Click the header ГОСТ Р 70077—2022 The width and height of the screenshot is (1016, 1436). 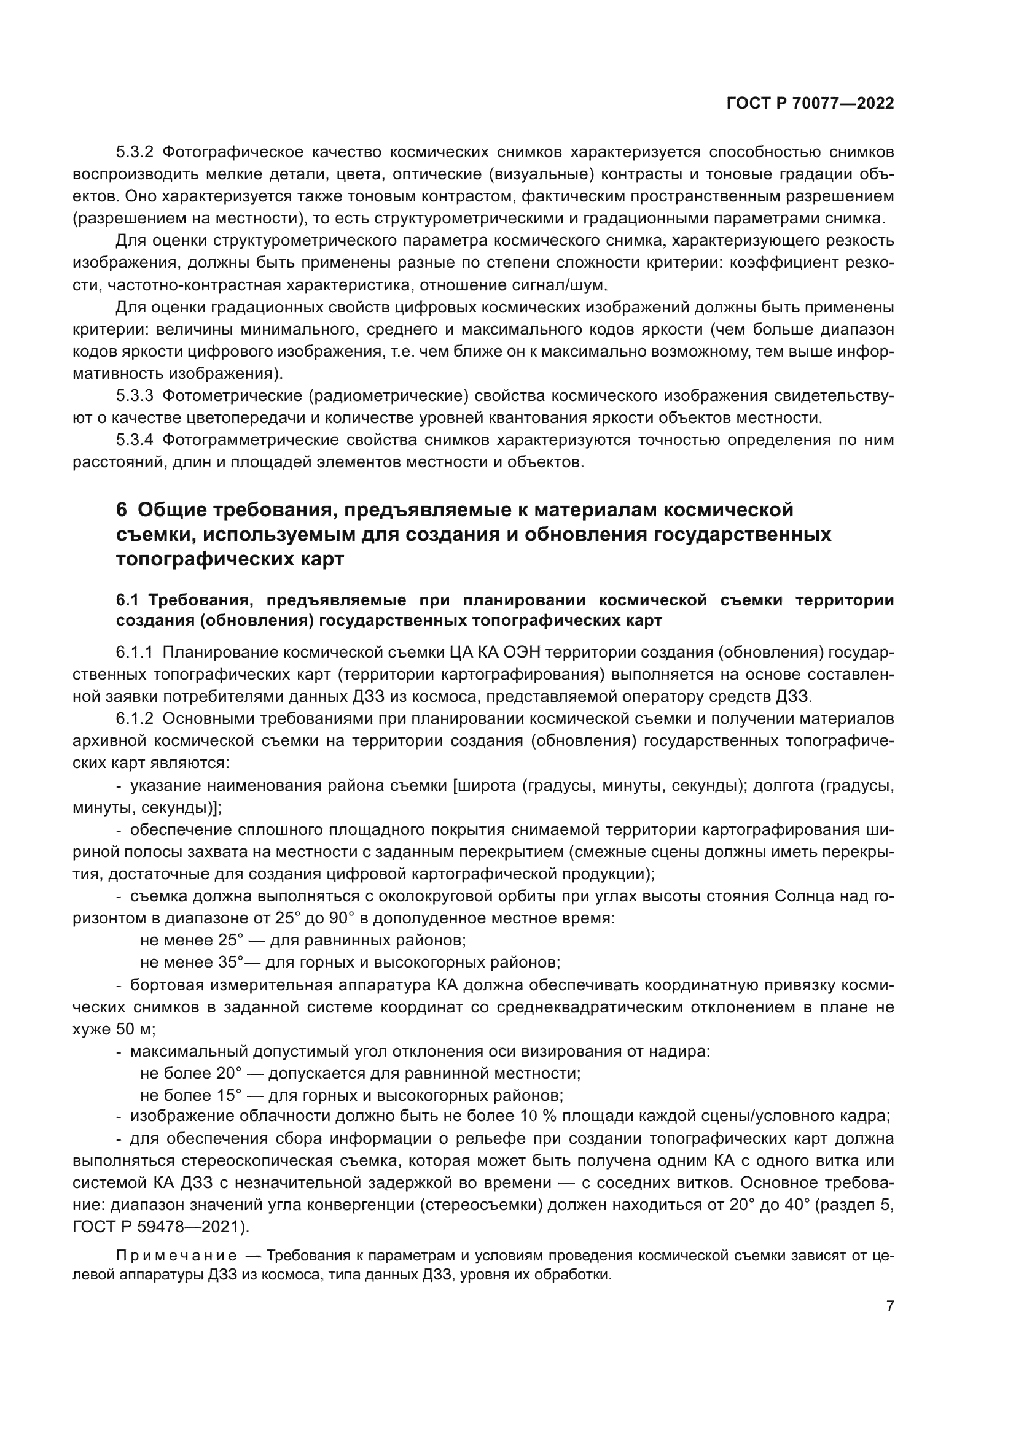(810, 104)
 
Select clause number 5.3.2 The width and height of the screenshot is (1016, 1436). (135, 152)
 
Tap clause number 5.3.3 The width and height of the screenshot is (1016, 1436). (135, 396)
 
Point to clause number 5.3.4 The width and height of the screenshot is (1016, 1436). (135, 440)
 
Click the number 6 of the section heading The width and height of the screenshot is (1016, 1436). (122, 510)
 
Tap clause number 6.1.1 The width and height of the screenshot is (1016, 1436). (135, 653)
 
